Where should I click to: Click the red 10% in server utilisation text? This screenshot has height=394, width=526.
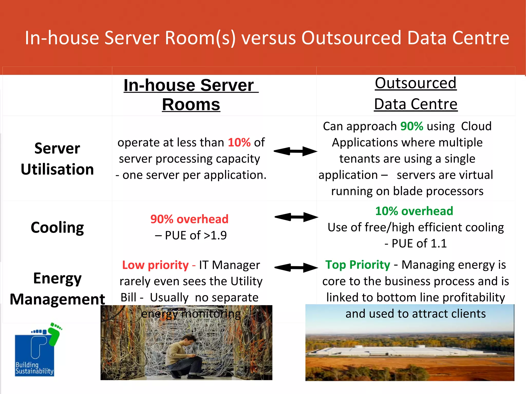(239, 142)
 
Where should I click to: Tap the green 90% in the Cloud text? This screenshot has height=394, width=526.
(411, 126)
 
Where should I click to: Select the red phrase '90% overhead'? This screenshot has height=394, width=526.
(189, 219)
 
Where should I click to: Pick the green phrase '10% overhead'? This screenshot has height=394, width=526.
(414, 211)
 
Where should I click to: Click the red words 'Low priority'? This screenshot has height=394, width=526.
(155, 265)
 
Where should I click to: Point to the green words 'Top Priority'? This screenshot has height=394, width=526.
(358, 265)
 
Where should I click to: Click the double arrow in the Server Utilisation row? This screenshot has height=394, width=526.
(295, 151)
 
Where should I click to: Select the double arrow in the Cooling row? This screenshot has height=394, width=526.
(296, 217)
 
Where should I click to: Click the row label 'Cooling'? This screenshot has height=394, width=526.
(57, 227)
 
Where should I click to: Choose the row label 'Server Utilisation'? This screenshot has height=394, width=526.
(57, 159)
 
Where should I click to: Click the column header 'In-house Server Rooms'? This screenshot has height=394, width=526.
(191, 95)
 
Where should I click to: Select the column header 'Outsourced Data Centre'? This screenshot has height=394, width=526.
(416, 93)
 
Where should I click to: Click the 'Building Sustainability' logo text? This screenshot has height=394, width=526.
(34, 368)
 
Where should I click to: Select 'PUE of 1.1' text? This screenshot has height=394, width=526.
(419, 243)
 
